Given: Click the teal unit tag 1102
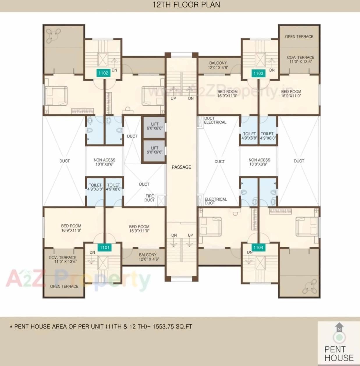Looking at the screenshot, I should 103,73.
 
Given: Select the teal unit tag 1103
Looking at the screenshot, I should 258,73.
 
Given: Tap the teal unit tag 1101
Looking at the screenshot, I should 104,248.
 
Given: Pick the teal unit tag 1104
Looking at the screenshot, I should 258,248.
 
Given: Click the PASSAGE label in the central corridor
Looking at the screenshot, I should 181,167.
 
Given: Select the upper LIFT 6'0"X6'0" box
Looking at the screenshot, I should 155,126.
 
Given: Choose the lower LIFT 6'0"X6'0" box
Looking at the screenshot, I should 155,150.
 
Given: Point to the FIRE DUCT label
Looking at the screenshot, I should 150,198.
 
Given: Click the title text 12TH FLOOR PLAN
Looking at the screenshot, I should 186,5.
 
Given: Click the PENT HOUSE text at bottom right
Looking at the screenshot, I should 339,353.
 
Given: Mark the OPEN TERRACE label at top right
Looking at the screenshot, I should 299,37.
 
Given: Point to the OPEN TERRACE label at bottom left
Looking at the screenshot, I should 64,286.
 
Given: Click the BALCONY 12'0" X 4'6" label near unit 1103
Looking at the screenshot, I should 218,65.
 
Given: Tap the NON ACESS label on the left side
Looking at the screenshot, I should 104,162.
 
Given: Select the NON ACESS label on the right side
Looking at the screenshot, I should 259,162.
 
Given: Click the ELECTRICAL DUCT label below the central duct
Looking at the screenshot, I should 215,201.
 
